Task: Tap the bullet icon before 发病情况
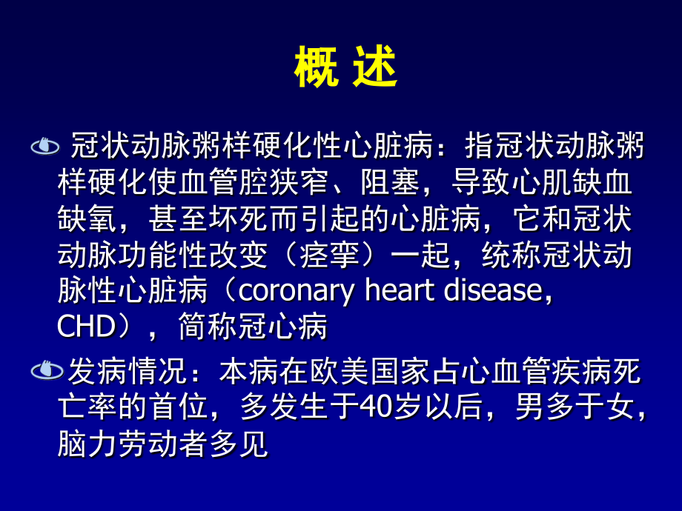click(x=44, y=370)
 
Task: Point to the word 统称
click(x=510, y=255)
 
